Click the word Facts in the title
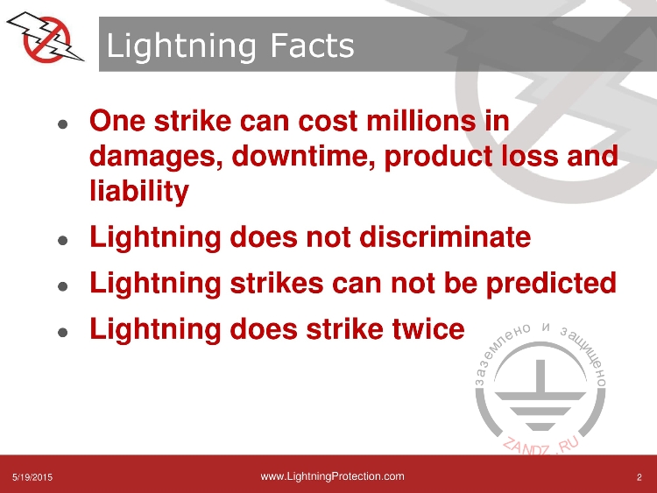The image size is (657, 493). click(312, 46)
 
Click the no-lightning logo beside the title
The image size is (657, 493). click(46, 38)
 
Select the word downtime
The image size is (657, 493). click(302, 156)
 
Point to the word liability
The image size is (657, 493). click(139, 191)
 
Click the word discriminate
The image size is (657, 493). click(445, 237)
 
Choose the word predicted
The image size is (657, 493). click(551, 284)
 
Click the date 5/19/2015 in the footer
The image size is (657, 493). click(32, 477)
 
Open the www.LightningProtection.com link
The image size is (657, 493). click(332, 476)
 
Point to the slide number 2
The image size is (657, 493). click(639, 477)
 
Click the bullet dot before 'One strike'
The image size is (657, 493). click(63, 124)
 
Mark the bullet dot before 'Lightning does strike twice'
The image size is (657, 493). click(63, 333)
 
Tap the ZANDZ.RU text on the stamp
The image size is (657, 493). click(540, 446)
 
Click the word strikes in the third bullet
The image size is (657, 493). click(277, 283)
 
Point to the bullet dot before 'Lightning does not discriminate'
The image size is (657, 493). click(63, 241)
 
